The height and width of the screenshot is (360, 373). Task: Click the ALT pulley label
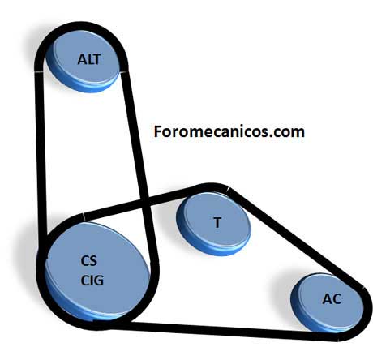click(x=89, y=59)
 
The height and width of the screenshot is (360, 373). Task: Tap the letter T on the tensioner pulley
click(x=217, y=223)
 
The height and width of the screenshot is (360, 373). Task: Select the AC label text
click(x=332, y=299)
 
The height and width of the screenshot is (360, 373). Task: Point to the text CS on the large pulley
click(x=88, y=261)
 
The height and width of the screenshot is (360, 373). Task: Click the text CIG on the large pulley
click(x=92, y=281)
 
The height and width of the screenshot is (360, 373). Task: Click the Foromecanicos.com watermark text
click(x=229, y=131)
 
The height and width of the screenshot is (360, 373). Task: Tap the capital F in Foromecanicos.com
click(x=157, y=131)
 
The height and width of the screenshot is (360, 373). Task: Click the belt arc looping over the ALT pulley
click(x=81, y=26)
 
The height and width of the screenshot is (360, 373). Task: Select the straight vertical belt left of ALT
click(x=40, y=154)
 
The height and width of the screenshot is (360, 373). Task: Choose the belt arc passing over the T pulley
click(x=211, y=187)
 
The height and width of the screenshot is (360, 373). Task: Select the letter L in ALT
click(x=90, y=59)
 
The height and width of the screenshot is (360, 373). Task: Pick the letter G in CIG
click(x=99, y=281)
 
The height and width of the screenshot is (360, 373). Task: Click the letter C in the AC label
click(x=337, y=299)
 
